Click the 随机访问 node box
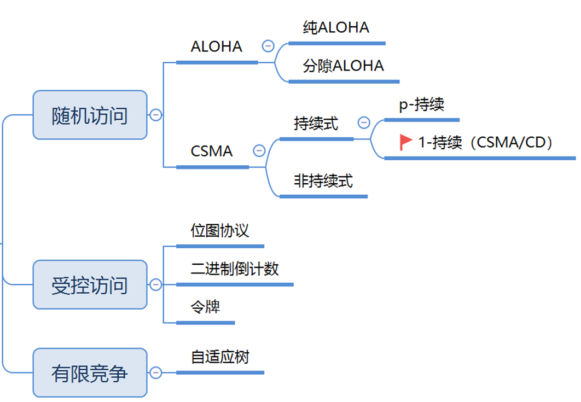point(90,115)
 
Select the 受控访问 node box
point(90,285)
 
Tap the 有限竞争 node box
point(90,373)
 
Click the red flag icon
point(405,142)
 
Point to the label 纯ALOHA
point(336,27)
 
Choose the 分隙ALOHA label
point(343,66)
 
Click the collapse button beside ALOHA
point(268,46)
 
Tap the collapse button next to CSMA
point(259,150)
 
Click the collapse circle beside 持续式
point(364,123)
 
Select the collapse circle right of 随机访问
point(156,115)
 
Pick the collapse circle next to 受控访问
point(156,284)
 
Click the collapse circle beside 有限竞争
point(156,372)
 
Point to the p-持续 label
point(421,104)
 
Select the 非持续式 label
point(323,180)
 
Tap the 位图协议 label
point(220,230)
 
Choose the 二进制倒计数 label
point(235,269)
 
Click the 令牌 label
point(206,307)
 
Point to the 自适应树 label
point(220,357)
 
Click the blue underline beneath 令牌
point(206,323)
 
